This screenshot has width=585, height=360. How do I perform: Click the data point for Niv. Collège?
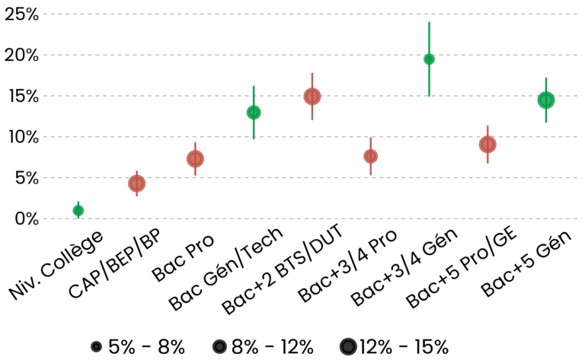coord(78,210)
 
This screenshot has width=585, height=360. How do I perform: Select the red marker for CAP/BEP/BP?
coord(136,183)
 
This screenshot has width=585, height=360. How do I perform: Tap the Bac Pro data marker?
coord(195,158)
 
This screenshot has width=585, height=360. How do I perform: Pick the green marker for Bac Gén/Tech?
coord(254,113)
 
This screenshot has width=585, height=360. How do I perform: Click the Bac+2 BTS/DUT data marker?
coord(312,97)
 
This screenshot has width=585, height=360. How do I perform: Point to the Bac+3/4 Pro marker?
coord(371,156)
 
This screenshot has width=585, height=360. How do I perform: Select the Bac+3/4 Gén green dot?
coord(429,59)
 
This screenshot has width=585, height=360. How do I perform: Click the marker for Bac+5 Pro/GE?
coord(487,145)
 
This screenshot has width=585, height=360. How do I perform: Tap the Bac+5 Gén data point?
coord(546,100)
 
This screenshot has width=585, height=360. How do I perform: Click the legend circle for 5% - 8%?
coord(96,347)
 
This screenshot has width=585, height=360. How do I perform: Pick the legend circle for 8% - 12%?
coord(219,347)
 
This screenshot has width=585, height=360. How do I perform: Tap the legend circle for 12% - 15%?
coord(349,347)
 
